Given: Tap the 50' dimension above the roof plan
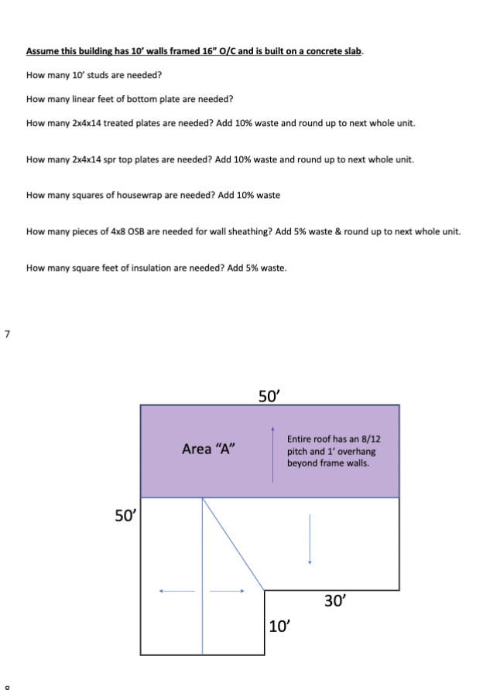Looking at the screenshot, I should [269, 396].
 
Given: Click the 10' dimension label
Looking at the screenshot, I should [279, 626].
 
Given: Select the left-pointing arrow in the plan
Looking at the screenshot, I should [177, 592].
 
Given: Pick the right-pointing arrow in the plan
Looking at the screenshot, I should [228, 592].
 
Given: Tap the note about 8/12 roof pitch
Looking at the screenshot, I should [334, 451].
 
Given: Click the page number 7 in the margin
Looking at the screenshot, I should [7, 334].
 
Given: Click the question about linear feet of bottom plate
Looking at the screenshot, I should [129, 99].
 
